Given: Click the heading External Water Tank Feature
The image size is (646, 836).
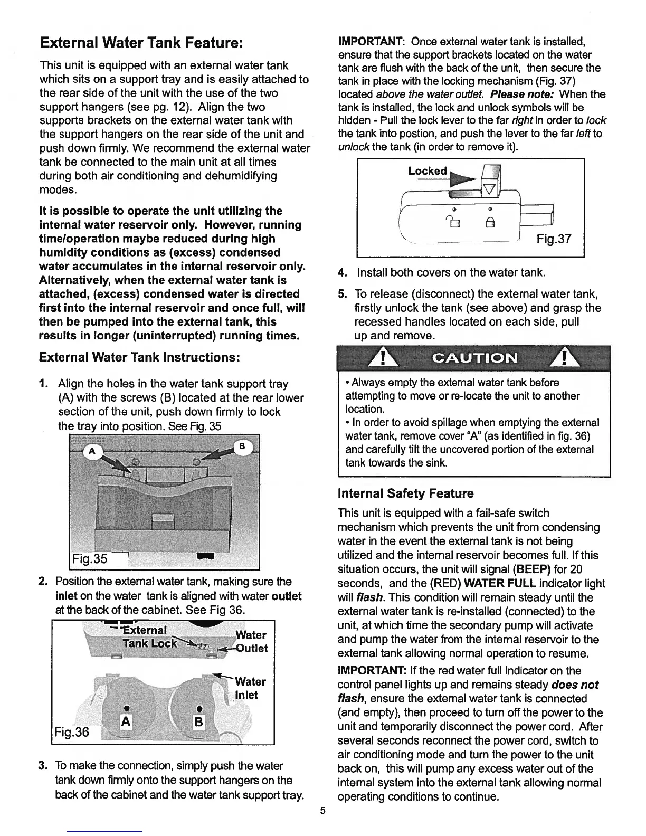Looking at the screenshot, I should coord(141,42).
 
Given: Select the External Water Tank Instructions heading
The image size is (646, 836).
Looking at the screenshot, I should coord(140,357).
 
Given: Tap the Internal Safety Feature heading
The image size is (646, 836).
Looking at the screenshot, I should coord(405,493).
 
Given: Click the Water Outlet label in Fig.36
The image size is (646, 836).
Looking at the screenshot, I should coord(251,641).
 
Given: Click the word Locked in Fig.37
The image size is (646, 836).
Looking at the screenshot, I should coord(427,171).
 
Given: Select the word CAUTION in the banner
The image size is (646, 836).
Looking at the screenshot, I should coord(474,358).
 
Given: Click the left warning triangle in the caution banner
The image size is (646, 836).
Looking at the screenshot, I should coord(386,359).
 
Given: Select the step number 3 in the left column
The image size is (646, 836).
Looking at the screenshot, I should coord(43,766).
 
